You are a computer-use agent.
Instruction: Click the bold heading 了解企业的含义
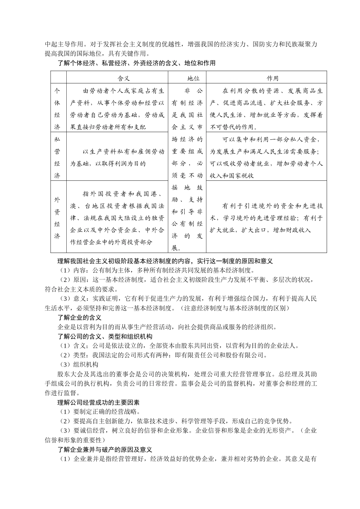[79, 317]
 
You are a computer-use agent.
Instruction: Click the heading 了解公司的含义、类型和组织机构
[105, 336]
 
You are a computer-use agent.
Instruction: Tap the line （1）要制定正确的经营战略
[100, 412]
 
